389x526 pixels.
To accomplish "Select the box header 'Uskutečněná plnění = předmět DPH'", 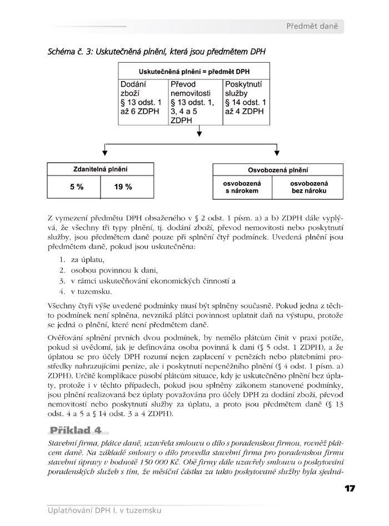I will point(193,72).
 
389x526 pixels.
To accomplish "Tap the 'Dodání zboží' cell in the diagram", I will point(142,97).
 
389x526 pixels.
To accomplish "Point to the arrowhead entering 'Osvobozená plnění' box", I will point(277,154).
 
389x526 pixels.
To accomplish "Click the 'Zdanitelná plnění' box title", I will point(100,169).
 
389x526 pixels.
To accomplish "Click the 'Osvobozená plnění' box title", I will point(277,171).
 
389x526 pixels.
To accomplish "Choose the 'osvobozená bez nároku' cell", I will point(309,187).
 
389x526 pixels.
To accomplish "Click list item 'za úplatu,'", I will point(88,259).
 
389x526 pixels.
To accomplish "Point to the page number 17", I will point(350,489).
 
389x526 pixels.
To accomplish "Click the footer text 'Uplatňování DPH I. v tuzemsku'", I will point(104,510).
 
